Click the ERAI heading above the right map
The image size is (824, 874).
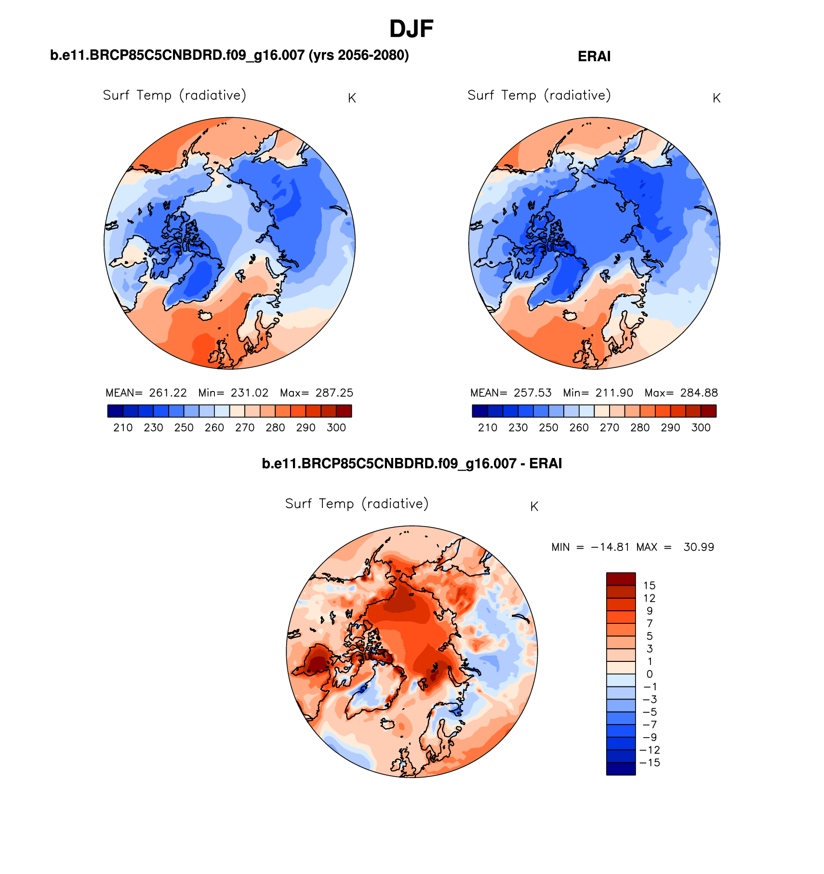(594, 56)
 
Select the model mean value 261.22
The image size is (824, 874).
(168, 393)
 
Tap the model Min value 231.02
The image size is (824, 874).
(249, 393)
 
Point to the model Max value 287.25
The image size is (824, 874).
(334, 393)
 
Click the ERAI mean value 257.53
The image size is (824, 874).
(532, 393)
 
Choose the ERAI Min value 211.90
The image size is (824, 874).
(614, 393)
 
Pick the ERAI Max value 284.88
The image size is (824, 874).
(699, 393)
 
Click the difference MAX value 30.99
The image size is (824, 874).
(699, 547)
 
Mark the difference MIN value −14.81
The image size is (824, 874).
(610, 547)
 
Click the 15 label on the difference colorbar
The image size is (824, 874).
(649, 586)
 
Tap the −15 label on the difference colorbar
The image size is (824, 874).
(649, 763)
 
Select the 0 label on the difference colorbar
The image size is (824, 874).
(649, 674)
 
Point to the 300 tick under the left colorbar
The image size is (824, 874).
(336, 428)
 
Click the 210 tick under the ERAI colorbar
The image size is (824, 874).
(488, 428)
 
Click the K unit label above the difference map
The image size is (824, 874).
(534, 507)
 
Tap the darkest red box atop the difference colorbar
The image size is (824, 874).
(621, 578)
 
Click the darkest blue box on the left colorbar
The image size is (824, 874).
(115, 411)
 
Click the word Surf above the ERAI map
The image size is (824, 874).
(480, 95)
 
